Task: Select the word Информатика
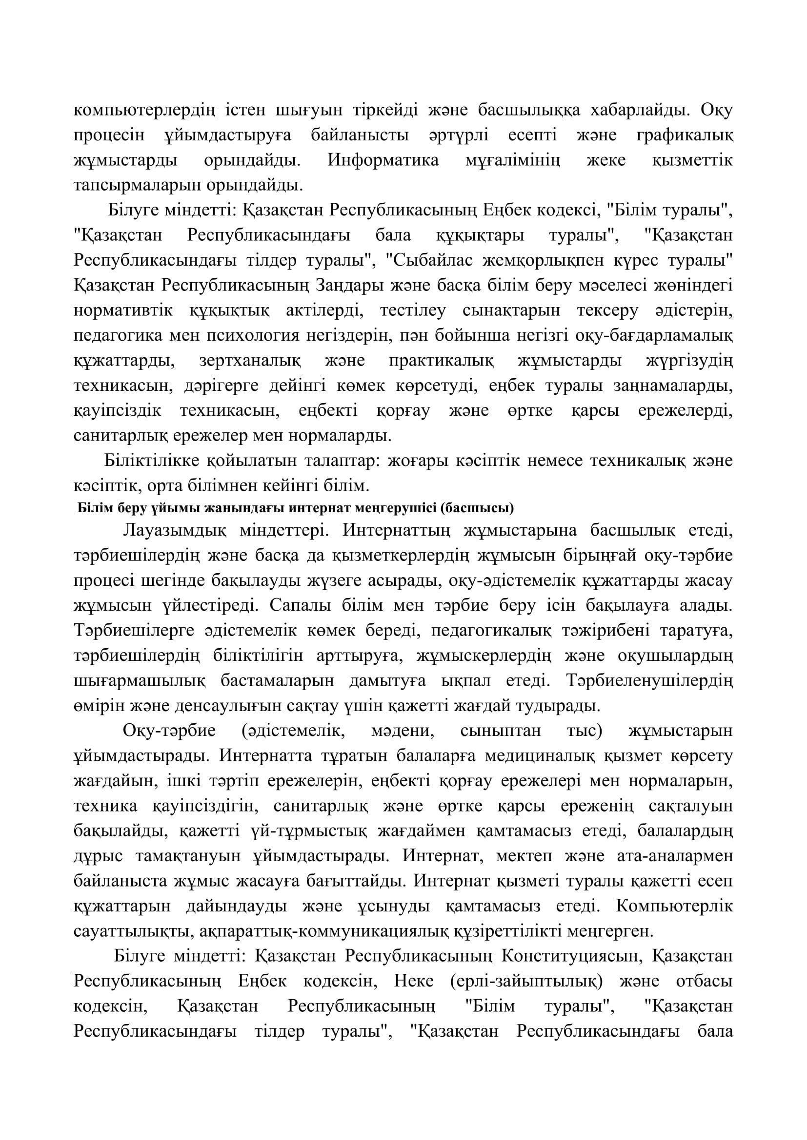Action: (383, 160)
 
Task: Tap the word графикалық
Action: (685, 135)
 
